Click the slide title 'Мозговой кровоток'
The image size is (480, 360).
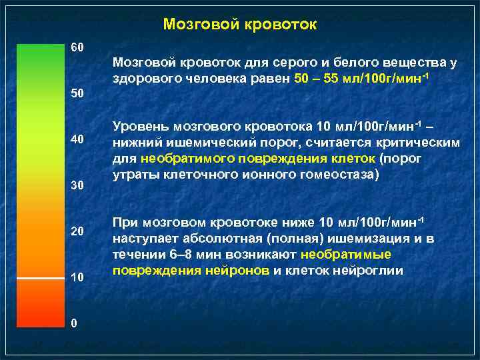tap(240, 25)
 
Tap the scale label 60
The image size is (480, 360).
tap(77, 48)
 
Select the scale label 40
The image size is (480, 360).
tap(77, 139)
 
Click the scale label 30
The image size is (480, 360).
tap(77, 185)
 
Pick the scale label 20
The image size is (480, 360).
tap(77, 231)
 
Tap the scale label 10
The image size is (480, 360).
tap(77, 277)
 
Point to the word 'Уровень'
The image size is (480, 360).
tap(141, 126)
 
